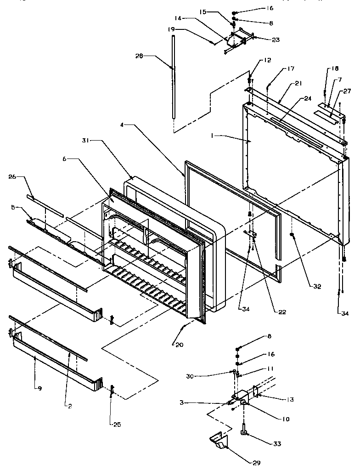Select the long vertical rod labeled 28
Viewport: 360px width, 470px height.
[174, 78]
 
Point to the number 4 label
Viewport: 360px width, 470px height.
[123, 125]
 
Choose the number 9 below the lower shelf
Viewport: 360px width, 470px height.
[40, 388]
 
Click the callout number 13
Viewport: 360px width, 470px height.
[290, 400]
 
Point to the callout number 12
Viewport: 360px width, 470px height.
[267, 61]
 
